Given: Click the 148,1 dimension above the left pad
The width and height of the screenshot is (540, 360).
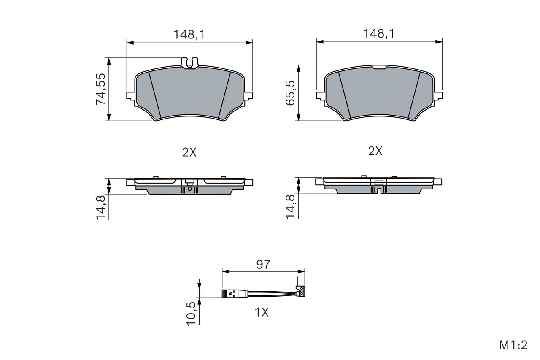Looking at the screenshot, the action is [189, 35].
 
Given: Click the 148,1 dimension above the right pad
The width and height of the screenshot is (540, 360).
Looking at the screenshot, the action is [379, 33].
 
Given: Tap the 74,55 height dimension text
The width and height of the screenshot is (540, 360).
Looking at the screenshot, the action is [101, 89].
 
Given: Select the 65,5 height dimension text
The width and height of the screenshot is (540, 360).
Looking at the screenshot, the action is [290, 93].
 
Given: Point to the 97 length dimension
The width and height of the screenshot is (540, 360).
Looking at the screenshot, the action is [263, 265].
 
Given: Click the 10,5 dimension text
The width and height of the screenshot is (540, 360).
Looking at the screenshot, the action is [191, 314].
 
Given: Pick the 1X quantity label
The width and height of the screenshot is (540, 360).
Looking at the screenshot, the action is [262, 312].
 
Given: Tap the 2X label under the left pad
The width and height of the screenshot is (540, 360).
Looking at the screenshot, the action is [189, 152].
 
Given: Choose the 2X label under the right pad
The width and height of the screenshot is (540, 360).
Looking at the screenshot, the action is [375, 151].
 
